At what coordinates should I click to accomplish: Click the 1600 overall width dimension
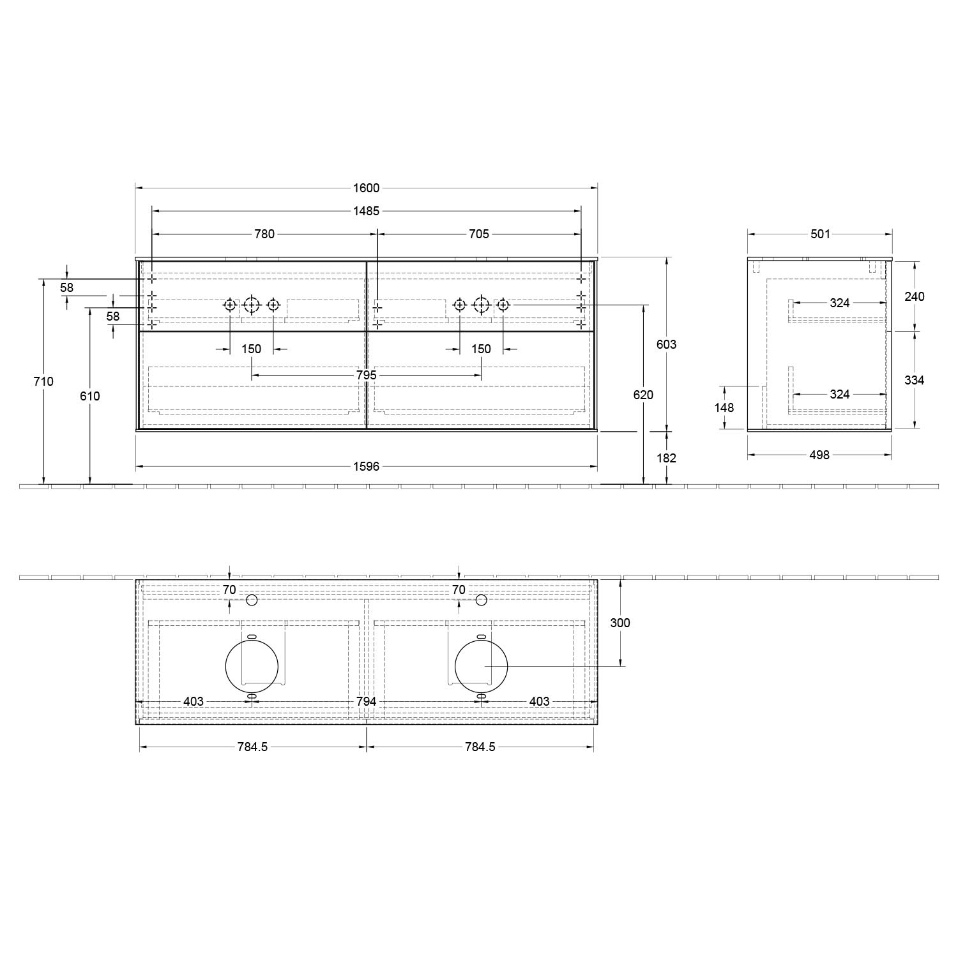(x=366, y=188)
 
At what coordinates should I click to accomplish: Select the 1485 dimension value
(x=366, y=211)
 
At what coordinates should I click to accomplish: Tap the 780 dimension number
(x=264, y=234)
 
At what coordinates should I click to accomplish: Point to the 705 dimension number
(x=479, y=234)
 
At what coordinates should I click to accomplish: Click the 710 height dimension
(x=43, y=381)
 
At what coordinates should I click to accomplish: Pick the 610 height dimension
(x=90, y=396)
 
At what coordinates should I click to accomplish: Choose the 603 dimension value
(x=666, y=344)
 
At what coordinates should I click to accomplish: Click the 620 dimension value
(x=643, y=395)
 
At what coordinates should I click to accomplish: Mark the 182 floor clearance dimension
(x=666, y=458)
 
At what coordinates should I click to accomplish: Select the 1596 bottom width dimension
(x=366, y=466)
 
